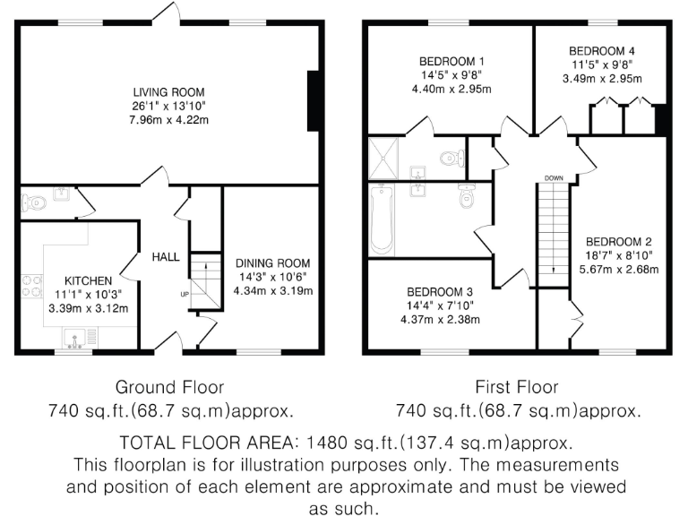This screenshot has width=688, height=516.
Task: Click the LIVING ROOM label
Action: pyautogui.click(x=168, y=92)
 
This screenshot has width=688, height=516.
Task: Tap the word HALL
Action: pyautogui.click(x=165, y=257)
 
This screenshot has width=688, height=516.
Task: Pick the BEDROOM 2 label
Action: pyautogui.click(x=618, y=242)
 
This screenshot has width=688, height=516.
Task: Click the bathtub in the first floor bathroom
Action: pyautogui.click(x=381, y=218)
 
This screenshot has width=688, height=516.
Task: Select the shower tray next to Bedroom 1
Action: pyautogui.click(x=385, y=158)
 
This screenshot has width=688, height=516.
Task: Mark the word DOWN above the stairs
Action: pyautogui.click(x=553, y=177)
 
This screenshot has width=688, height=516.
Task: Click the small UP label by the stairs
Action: pyautogui.click(x=185, y=294)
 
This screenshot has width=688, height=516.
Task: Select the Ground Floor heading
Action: pyautogui.click(x=169, y=387)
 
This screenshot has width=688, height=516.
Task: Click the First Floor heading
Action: pyautogui.click(x=517, y=387)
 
